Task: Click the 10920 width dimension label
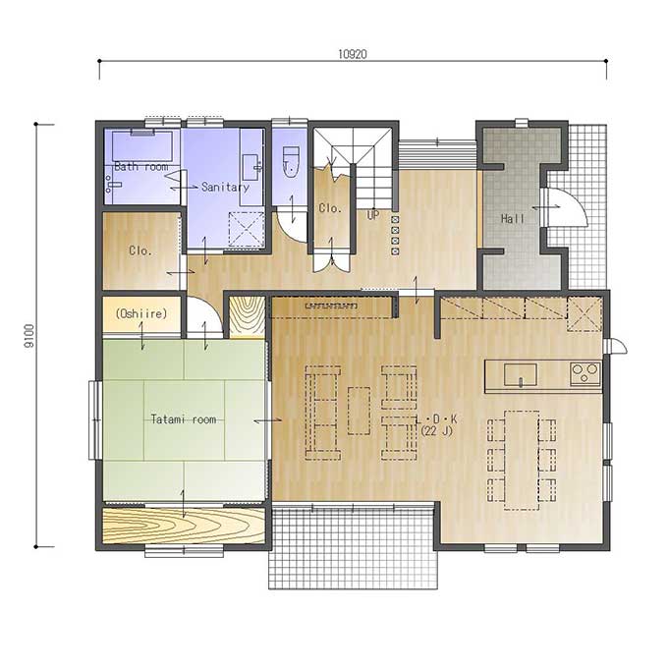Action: (x=353, y=54)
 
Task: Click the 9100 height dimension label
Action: (x=28, y=336)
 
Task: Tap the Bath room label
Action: (x=141, y=167)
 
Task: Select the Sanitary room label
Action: (x=225, y=187)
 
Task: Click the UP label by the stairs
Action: (x=372, y=215)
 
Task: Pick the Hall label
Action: (x=513, y=219)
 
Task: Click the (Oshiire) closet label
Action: (x=141, y=314)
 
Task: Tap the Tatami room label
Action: (x=184, y=419)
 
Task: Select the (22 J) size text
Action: (x=436, y=431)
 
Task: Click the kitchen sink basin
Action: (x=521, y=374)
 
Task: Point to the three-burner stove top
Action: (x=585, y=374)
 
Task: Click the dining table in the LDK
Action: (x=522, y=460)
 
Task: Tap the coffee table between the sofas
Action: (x=359, y=411)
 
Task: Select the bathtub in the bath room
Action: (x=142, y=145)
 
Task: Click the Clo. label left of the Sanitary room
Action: (x=140, y=250)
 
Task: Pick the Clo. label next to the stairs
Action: (x=330, y=208)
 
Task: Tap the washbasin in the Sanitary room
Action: (x=251, y=167)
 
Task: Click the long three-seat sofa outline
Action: (x=323, y=413)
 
